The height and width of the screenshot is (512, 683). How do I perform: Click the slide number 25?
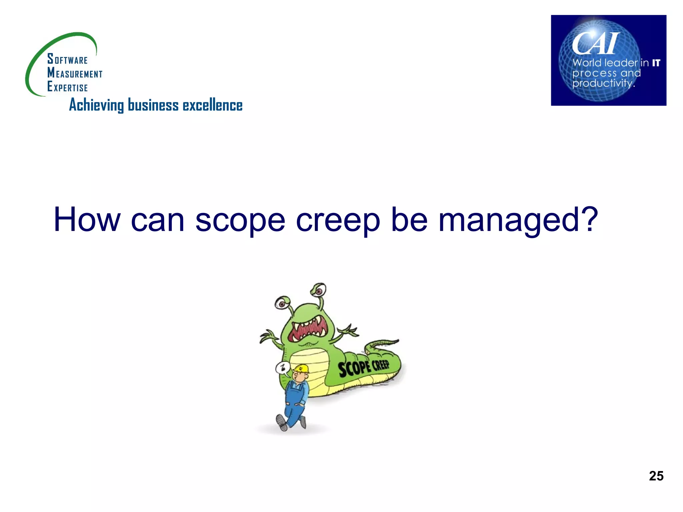coord(656,476)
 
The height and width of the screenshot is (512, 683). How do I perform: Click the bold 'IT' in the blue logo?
coord(656,63)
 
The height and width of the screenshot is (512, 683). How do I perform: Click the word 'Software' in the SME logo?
coord(67,59)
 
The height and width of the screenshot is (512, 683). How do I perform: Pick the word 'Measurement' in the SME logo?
coord(75,73)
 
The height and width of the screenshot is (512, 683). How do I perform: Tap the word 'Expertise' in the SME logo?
coord(67,87)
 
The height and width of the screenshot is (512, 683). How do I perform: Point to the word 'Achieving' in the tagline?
coord(96,105)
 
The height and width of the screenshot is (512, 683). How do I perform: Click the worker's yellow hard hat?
coord(301,368)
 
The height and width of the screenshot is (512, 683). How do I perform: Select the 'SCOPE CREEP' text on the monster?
coord(364,367)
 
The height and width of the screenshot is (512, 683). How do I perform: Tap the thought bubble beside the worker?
coord(282,368)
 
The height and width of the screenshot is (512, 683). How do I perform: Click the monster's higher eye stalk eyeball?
coord(319,289)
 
